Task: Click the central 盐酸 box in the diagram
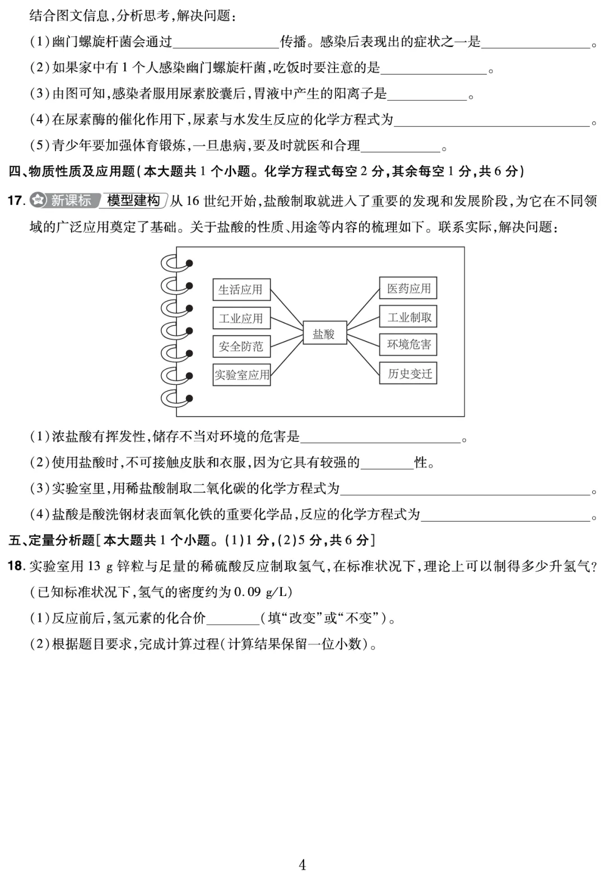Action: click(324, 333)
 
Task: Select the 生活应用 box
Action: click(241, 290)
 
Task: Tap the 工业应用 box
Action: click(241, 318)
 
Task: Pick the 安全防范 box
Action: click(241, 346)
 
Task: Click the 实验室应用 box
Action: click(241, 374)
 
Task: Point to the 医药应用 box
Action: click(408, 288)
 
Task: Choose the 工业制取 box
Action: click(408, 317)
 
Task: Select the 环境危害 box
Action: click(408, 345)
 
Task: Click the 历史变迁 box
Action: click(408, 374)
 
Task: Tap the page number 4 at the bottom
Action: click(302, 864)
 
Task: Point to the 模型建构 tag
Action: click(133, 200)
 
